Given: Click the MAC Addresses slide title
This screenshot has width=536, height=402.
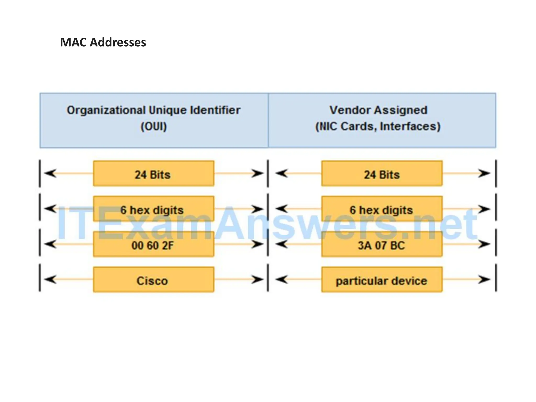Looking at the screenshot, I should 103,42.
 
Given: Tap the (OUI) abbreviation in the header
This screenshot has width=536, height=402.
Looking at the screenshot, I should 154,127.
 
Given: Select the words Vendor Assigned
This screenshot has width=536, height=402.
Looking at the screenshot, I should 378,110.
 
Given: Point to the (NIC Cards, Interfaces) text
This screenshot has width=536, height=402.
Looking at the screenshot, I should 378,126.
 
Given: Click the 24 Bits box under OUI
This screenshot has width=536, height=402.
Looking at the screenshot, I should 154,174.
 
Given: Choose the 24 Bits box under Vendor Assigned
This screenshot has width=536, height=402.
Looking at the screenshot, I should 382,174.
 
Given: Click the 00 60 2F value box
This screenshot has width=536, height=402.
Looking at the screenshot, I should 154,244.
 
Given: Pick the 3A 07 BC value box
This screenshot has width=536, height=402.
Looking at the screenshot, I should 382,244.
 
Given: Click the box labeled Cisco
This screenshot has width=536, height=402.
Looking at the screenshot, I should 154,280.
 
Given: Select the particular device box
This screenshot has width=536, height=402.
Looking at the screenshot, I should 382,280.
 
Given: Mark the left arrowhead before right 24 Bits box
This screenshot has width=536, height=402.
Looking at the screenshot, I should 282,173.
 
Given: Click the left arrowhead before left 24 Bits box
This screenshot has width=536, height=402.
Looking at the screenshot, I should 50,173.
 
